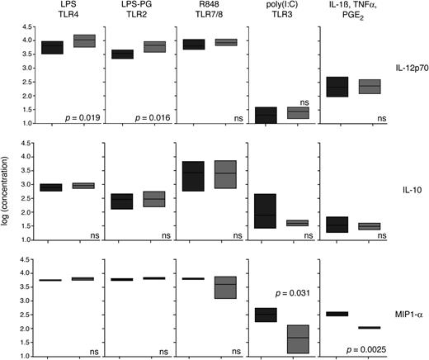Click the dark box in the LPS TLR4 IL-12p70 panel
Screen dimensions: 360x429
point(53,47)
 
